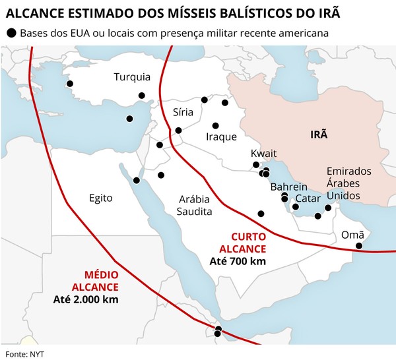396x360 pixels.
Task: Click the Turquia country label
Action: [x=132, y=76]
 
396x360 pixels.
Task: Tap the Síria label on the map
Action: [x=183, y=112]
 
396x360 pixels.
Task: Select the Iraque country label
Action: [x=221, y=137]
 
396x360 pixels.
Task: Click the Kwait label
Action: [x=264, y=154]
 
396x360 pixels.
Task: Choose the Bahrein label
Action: [x=289, y=187]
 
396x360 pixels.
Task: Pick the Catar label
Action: [x=308, y=198]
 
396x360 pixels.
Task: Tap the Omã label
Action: [x=352, y=235]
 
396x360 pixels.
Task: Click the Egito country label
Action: [x=101, y=198]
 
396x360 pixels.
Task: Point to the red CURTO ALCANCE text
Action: [x=248, y=243]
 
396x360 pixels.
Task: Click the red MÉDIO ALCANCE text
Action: [x=101, y=281]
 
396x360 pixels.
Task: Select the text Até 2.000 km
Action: [x=86, y=299]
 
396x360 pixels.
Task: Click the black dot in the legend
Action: [x=11, y=33]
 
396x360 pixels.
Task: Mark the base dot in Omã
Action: [x=359, y=246]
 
